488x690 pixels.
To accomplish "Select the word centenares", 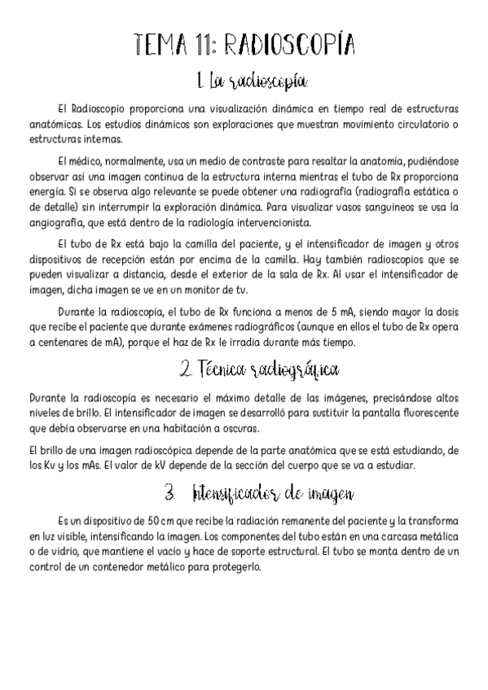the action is point(63,343).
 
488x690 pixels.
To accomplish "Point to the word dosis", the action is point(444,312).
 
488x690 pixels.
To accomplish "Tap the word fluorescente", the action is point(426,413).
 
